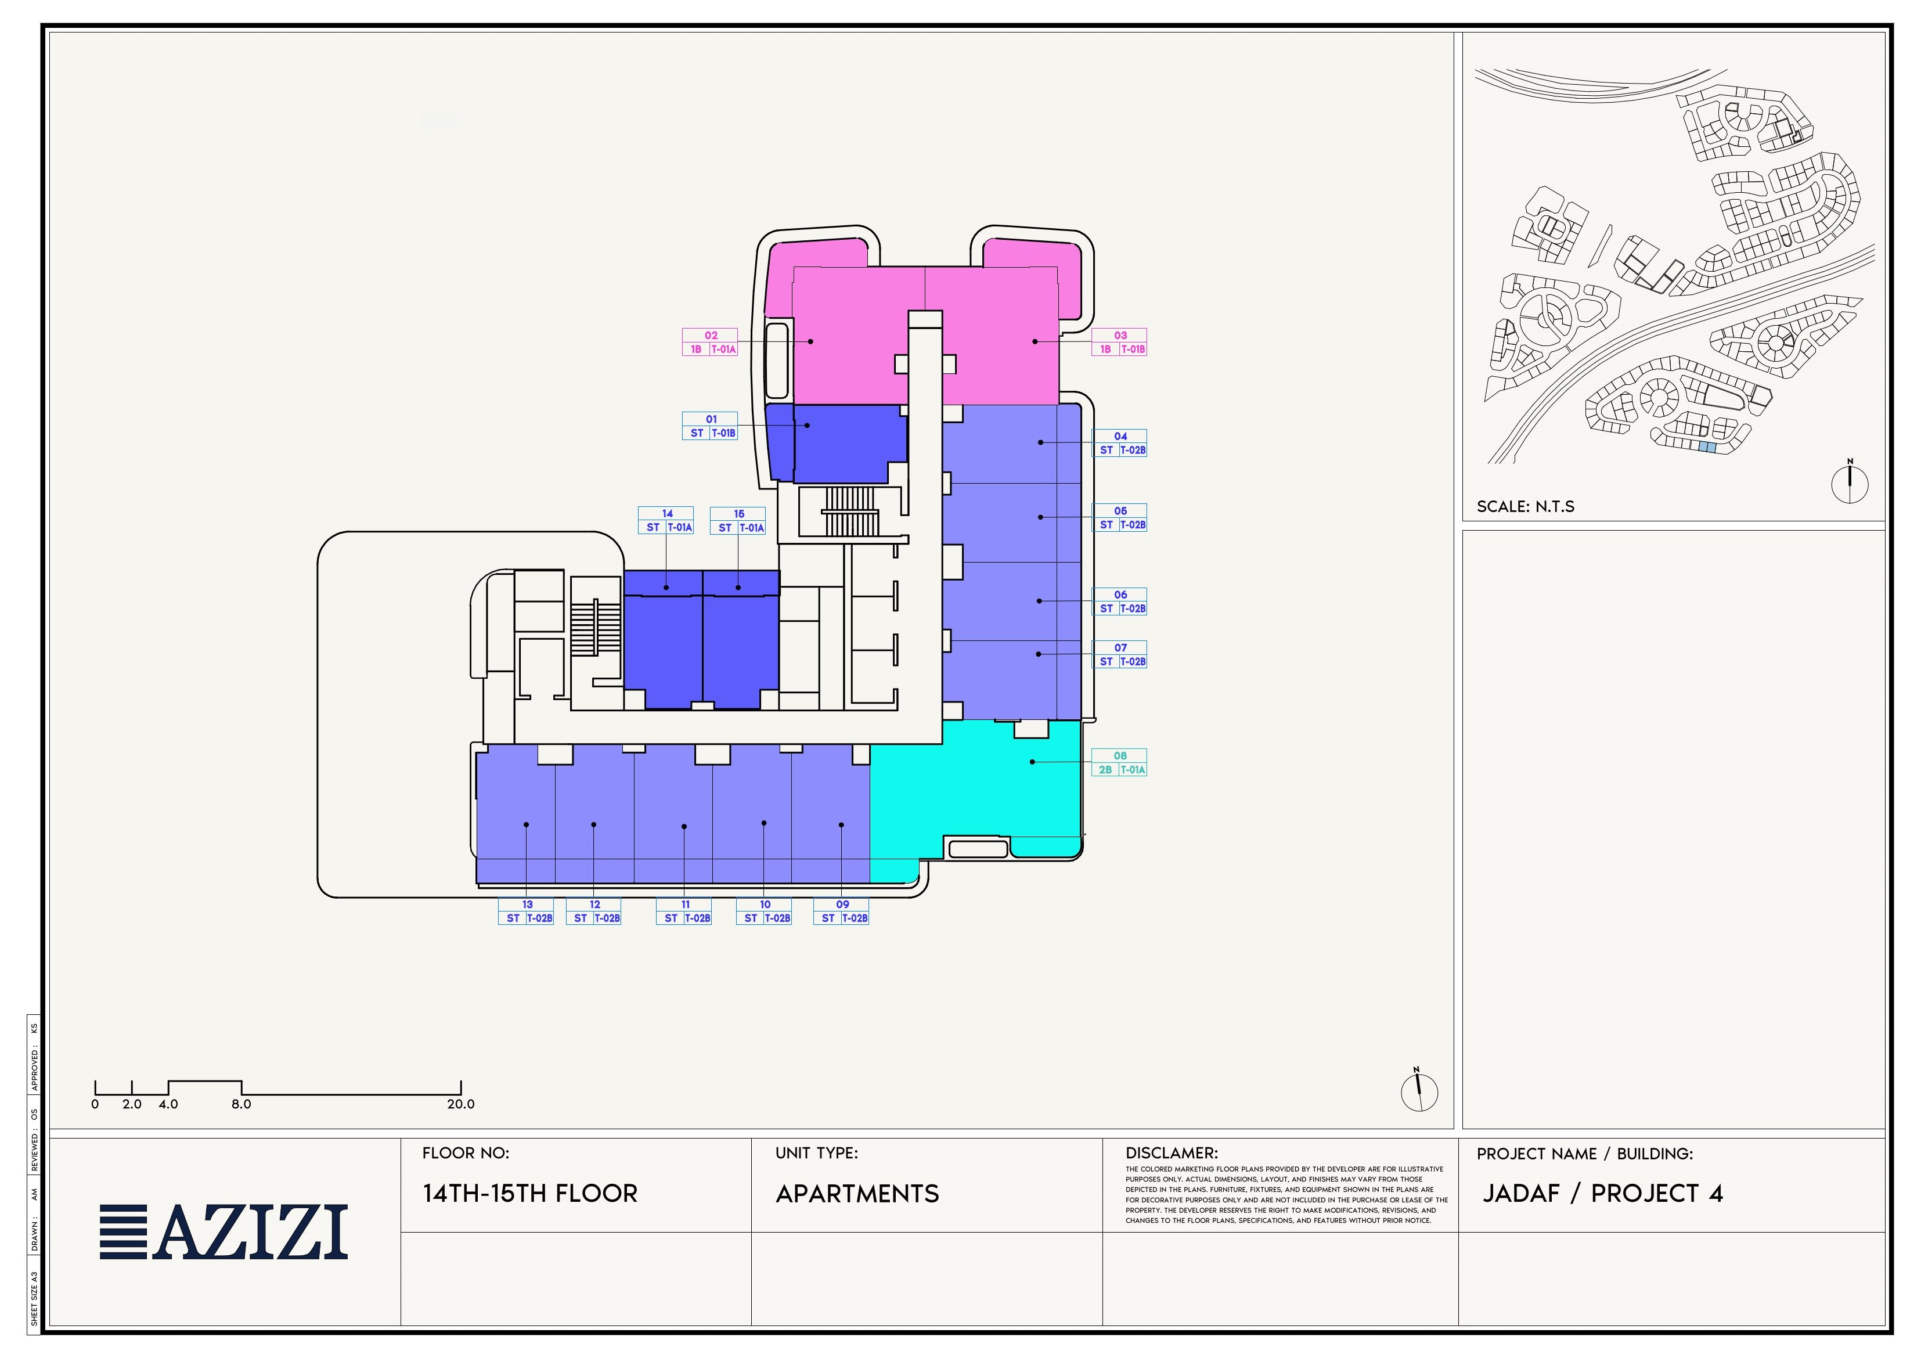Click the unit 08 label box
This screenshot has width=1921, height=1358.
point(1119,762)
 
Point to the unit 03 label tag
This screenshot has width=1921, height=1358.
point(1119,342)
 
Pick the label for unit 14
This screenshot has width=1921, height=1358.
point(666,520)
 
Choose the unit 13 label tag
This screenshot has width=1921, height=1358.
point(525,911)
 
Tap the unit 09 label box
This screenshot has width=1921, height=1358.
point(841,911)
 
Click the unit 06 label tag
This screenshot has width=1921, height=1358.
point(1119,601)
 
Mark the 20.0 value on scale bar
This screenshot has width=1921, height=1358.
point(460,1104)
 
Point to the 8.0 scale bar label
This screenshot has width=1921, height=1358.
point(241,1104)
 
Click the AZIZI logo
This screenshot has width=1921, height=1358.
point(224,1231)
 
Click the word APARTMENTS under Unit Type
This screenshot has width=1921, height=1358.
point(857,1194)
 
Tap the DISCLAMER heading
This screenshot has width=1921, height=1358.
point(1172,1153)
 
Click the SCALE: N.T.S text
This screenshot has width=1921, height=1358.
point(1525,506)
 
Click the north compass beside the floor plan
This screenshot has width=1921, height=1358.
point(1419,1090)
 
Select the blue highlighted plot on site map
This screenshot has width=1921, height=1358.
point(1707,448)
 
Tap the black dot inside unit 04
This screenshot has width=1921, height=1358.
point(1041,442)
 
